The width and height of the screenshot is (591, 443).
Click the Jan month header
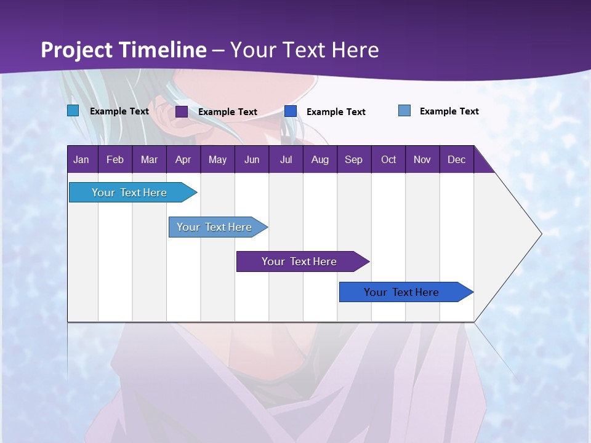coord(81,159)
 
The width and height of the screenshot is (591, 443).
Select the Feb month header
coord(115,159)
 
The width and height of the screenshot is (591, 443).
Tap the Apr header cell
coord(183,159)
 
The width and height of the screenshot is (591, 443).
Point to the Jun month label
coord(252,159)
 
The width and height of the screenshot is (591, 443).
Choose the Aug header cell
coord(320,159)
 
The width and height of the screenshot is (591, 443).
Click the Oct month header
coord(388,159)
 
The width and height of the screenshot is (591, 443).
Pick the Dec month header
coord(456,159)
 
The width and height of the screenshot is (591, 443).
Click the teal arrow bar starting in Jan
coord(133,193)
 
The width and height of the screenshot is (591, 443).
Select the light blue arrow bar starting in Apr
coord(218,227)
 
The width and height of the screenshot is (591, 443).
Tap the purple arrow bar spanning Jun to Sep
coord(303,261)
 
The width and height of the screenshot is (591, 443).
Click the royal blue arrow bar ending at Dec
coord(406,292)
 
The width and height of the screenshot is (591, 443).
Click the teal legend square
coord(73,111)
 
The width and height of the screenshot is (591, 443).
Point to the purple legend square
coord(182,111)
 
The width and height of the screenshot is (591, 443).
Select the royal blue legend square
coord(291,111)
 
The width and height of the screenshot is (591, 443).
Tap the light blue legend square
coord(404,110)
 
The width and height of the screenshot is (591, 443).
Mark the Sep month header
coord(353,159)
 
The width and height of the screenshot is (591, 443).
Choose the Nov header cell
coord(422,159)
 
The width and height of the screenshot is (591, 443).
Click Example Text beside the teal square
coord(119,111)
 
